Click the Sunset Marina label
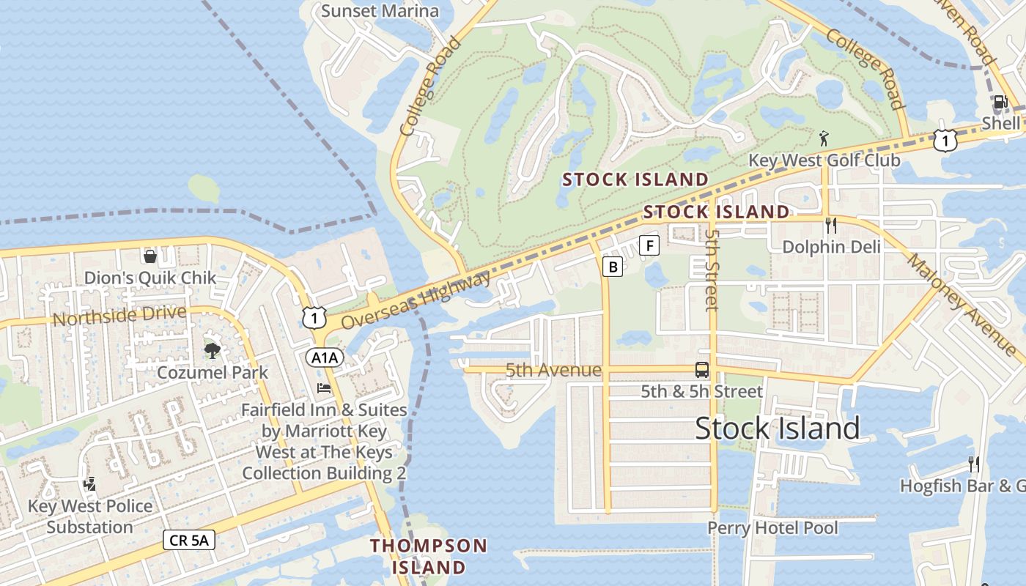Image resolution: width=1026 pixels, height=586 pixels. point(380,11)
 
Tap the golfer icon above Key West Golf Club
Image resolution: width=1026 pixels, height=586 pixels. point(824,138)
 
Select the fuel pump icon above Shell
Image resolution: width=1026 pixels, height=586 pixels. point(1000,102)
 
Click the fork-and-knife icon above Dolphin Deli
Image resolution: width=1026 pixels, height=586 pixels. point(830,225)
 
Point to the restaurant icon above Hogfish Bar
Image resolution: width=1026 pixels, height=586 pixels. point(973,464)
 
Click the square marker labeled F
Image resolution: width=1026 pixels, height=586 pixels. point(649,245)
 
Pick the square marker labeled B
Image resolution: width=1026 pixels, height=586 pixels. point(612,267)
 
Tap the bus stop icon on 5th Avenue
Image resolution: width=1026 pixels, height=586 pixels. point(702,370)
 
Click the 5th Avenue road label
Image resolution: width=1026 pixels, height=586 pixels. point(553,371)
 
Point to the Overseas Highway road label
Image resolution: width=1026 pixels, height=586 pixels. point(416,300)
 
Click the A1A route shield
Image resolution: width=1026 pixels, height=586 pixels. point(324,357)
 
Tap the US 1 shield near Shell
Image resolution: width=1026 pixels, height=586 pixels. point(945,140)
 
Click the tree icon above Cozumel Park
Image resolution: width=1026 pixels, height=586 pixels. point(213,351)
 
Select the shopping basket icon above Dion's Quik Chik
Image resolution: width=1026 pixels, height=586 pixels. point(150,256)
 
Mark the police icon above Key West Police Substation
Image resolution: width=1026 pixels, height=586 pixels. point(89,484)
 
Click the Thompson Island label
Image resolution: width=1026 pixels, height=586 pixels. point(428,556)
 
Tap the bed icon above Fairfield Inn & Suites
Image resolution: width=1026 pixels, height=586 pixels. point(324,387)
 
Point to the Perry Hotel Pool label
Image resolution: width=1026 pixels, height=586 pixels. point(772,527)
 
